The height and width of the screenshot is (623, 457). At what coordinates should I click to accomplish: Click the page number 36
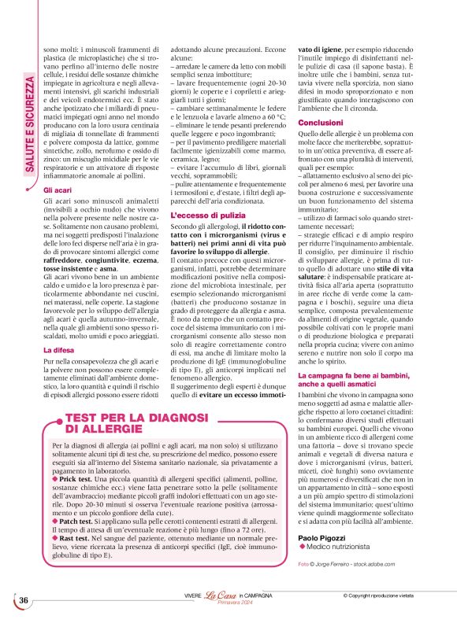click(24, 600)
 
